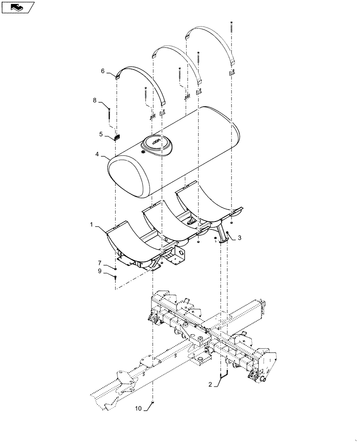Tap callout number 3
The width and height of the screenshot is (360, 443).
pyautogui.click(x=239, y=238)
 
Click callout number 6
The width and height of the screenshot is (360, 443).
pyautogui.click(x=102, y=70)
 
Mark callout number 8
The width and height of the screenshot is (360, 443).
pyautogui.click(x=94, y=101)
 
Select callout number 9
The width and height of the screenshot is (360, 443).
pyautogui.click(x=99, y=271)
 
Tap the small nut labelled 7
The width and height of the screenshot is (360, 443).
pyautogui.click(x=115, y=268)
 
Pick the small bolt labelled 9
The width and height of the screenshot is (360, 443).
pyautogui.click(x=115, y=277)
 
